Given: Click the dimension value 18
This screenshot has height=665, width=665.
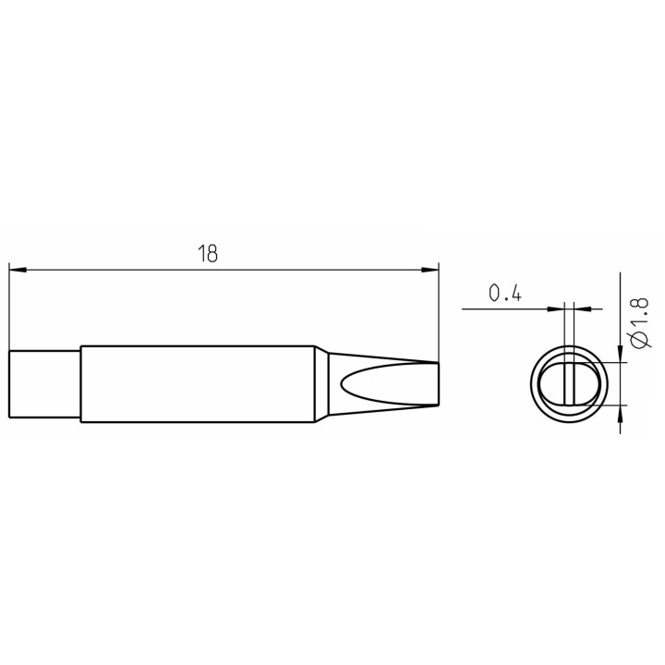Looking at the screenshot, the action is [x=208, y=253].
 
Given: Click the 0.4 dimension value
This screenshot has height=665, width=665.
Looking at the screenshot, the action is [x=504, y=293].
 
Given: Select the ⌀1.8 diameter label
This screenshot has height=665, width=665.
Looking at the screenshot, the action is [x=639, y=322].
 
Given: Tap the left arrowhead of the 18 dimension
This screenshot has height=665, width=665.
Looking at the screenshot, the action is [x=18, y=270].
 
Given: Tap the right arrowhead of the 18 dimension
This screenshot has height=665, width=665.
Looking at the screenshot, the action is [x=429, y=270].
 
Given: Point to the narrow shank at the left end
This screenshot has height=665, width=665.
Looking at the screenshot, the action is [x=44, y=384].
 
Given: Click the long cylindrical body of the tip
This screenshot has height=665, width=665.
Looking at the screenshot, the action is [x=198, y=384].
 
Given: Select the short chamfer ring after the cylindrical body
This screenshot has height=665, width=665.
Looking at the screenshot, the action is [x=321, y=384].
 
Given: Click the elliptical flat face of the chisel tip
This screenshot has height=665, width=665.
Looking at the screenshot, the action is [x=390, y=384].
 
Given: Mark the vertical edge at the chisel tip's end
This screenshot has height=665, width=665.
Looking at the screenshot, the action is [x=439, y=384].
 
